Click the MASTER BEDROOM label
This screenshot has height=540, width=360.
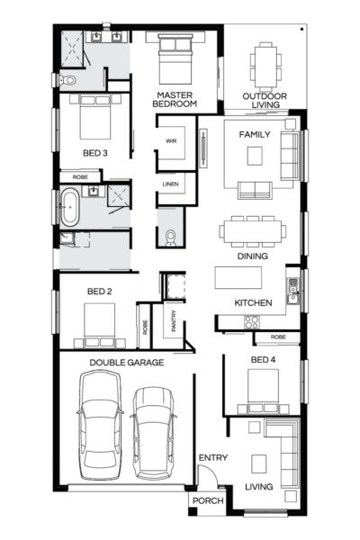[175, 99]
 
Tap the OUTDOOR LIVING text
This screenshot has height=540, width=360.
[264, 100]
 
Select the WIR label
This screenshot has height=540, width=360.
[170, 141]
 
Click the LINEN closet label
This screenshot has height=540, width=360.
[170, 184]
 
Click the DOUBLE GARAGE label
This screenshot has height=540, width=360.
[126, 363]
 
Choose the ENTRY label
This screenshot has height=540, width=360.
[212, 458]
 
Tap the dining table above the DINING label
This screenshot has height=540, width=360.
[253, 229]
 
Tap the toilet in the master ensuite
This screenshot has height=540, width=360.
[64, 80]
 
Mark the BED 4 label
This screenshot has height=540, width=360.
[262, 360]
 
